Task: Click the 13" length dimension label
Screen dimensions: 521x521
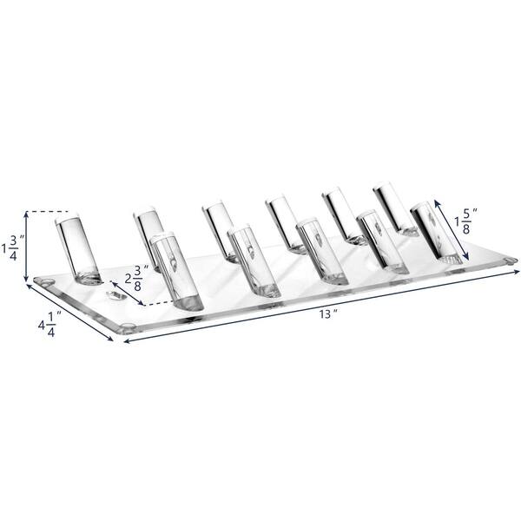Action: pos(326,314)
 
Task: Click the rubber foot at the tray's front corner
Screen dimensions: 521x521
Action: pos(128,328)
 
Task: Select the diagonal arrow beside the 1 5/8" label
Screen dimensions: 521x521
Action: pos(452,229)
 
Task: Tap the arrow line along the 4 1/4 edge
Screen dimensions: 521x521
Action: pos(73,313)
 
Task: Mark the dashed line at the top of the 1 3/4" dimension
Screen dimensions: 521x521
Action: pos(49,211)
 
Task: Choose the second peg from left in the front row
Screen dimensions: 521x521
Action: pos(252,260)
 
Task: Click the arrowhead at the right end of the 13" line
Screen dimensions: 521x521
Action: pos(512,271)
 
